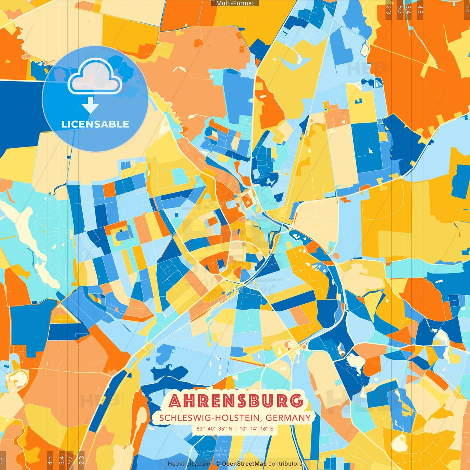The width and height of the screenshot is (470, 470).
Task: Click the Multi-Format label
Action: pos(235,3)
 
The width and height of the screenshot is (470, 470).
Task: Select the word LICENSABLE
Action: pos(95,124)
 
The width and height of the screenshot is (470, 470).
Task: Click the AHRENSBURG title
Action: pos(236,401)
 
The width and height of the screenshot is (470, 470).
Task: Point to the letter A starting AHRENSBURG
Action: pos(175,401)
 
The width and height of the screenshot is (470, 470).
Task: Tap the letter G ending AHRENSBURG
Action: pos(296,401)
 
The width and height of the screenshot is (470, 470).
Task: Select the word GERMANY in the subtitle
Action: pos(288,418)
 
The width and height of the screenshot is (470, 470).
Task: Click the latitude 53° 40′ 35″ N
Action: pos(214,429)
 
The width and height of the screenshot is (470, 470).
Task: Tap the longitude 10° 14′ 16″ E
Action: pos(256,429)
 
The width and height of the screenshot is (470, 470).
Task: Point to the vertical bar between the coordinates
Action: pos(236,429)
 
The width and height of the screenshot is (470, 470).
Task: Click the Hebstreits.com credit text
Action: pos(189,464)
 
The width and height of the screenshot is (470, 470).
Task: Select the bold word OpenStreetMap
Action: pos(244,464)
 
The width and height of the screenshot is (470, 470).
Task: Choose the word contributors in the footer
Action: pos(285,464)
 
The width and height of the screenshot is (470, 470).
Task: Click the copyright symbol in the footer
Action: pos(218,464)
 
